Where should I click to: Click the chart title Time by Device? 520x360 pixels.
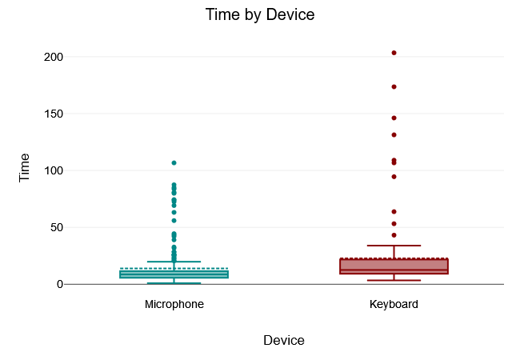260,14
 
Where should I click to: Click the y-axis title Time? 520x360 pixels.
25,167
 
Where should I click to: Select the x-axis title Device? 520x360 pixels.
284,340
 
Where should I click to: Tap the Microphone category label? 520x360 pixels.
174,305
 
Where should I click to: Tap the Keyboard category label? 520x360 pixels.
394,305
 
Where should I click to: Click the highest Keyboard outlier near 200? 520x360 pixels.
394,53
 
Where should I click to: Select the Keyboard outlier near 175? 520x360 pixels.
394,86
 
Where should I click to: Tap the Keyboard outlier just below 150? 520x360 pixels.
394,118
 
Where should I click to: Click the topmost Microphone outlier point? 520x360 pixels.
174,162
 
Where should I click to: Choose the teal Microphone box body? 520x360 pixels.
174,274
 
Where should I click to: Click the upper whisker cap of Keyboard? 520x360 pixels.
394,246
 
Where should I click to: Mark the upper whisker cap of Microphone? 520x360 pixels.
174,262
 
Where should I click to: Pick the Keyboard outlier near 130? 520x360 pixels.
394,134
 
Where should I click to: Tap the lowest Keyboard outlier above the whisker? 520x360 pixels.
394,235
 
